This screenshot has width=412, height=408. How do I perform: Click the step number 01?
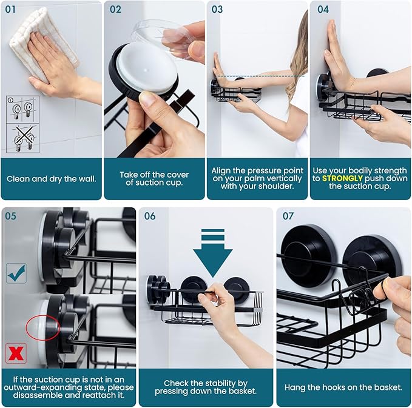tap(12, 10)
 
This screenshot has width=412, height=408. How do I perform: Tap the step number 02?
tap(115, 10)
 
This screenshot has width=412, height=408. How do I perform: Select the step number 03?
tap(217, 10)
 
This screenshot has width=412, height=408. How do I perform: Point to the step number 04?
tap(323, 10)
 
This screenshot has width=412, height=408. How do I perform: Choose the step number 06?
tap(149, 216)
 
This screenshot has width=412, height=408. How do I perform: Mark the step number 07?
tap(289, 216)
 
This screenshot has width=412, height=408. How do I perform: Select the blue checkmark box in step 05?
tap(16, 273)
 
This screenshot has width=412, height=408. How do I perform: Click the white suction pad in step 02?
tap(146, 70)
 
